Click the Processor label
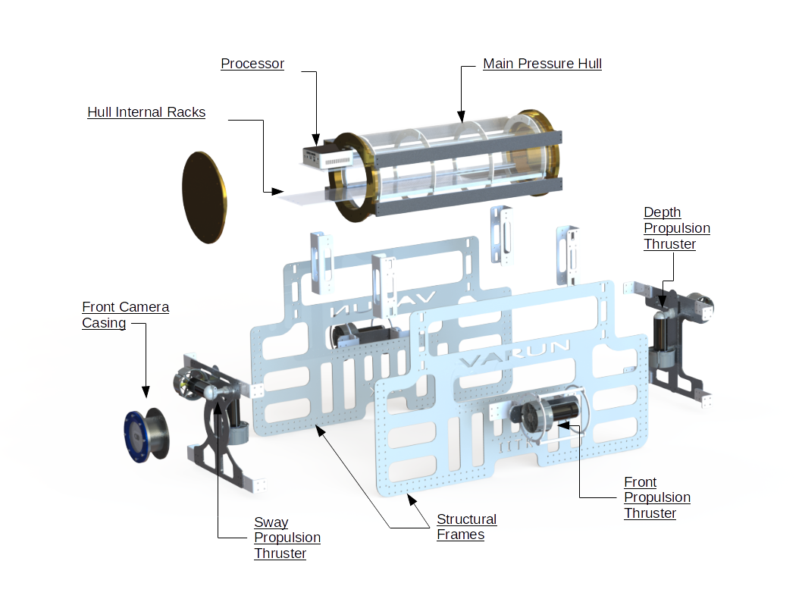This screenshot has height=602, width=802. (252, 64)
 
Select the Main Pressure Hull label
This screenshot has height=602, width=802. (542, 64)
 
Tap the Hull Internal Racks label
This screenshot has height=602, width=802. (146, 112)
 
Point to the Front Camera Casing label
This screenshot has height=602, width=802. (125, 315)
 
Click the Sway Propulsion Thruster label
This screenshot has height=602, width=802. (287, 538)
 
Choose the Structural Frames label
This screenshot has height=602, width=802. (466, 527)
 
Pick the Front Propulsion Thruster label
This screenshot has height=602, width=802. (656, 497)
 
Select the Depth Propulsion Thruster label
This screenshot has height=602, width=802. (676, 228)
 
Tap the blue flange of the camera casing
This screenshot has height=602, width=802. (136, 434)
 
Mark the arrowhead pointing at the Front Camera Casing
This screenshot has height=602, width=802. (145, 393)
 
